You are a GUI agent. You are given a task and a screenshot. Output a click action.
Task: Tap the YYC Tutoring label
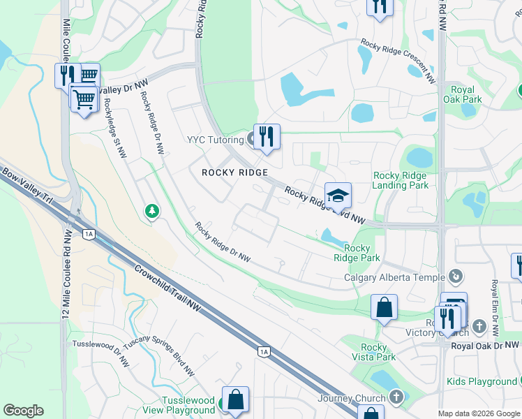tap(214, 139)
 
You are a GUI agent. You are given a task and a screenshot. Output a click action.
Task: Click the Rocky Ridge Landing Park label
tap(401, 180)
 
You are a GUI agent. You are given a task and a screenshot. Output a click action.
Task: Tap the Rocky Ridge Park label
tap(357, 253)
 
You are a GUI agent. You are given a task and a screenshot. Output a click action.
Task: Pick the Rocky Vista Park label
tap(374, 352)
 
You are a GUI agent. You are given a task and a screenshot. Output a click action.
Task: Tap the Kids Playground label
tap(482, 381)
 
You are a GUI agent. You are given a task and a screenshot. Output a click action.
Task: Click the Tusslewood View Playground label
tap(188, 405)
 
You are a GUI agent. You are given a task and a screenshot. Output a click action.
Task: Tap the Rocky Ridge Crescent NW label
tap(398, 61)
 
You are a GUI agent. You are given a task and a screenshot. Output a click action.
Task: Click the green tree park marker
tap(151, 210)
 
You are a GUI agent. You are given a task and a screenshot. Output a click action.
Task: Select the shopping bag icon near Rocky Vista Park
tap(384, 307)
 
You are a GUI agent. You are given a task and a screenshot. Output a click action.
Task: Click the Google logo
tap(23, 411)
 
